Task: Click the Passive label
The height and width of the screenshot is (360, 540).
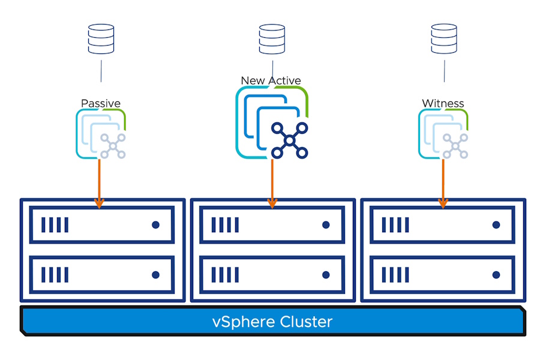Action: pos(101,103)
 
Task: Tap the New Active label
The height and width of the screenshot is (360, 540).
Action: pos(271,80)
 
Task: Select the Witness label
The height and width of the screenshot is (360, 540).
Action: pos(443,103)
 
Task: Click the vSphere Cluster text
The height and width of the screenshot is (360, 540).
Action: pos(272,322)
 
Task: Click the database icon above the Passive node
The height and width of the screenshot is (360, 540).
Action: pos(101,39)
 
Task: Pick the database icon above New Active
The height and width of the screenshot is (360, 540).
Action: pos(272,39)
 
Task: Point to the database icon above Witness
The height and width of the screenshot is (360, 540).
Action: pos(444,39)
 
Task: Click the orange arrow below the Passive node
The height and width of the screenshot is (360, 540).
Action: pos(99,184)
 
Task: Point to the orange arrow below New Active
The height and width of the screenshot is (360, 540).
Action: pos(272,184)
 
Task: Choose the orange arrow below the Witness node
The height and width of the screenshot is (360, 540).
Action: pos(443,184)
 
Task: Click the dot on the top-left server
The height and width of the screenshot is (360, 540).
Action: pos(155,225)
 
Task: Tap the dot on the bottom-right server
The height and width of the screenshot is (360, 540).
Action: pos(496,275)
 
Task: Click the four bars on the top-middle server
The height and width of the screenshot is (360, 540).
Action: pos(225,225)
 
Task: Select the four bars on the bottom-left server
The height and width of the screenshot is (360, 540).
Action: pos(55,275)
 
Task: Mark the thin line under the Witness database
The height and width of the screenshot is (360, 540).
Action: pos(444,71)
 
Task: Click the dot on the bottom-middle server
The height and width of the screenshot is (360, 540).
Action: pos(326,275)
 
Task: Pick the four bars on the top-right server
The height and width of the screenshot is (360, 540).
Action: pos(395,225)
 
